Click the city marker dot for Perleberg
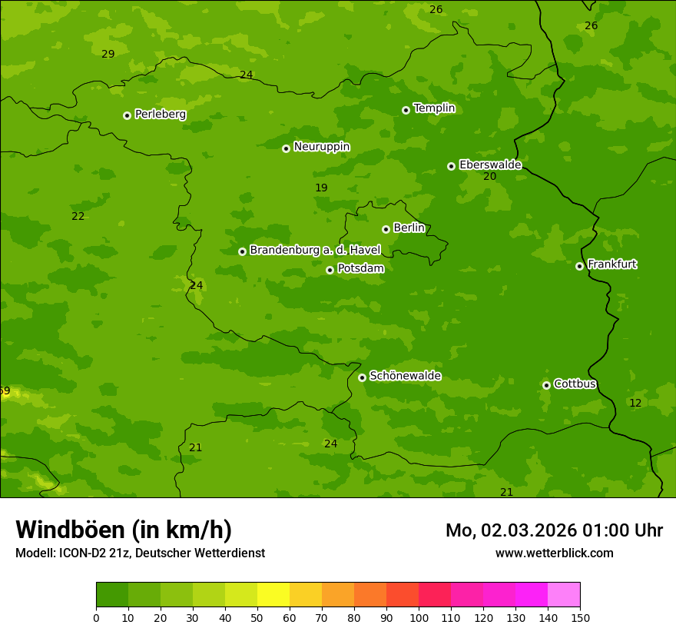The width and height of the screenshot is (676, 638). [x=127, y=115]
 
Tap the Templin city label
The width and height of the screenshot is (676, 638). [x=434, y=108]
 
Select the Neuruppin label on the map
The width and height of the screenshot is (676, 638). [x=321, y=147]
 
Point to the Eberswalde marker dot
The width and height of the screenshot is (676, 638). [x=451, y=166]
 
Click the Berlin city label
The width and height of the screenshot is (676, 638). [x=409, y=228]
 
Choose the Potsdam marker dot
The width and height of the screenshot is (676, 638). [x=330, y=270]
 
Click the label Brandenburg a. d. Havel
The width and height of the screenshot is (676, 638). [x=315, y=250]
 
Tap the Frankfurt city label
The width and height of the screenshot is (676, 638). [x=611, y=264]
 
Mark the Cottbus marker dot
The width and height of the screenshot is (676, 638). [x=546, y=385]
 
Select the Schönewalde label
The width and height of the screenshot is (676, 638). [x=405, y=376]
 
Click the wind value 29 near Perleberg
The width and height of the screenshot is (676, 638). [x=108, y=54]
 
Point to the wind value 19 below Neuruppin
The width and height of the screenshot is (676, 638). [x=321, y=188]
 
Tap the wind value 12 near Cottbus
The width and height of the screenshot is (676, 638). [x=635, y=403]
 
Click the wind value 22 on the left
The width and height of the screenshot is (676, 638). [x=78, y=217]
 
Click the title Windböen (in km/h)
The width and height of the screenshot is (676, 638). [x=124, y=530]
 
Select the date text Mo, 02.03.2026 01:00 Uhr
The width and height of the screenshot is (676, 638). [x=554, y=530]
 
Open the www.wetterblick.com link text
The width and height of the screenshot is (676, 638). [x=554, y=553]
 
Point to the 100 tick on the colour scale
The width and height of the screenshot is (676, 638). [x=419, y=617]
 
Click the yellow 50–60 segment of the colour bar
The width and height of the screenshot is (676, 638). [x=273, y=595]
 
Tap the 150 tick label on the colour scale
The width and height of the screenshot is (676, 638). [x=580, y=617]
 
